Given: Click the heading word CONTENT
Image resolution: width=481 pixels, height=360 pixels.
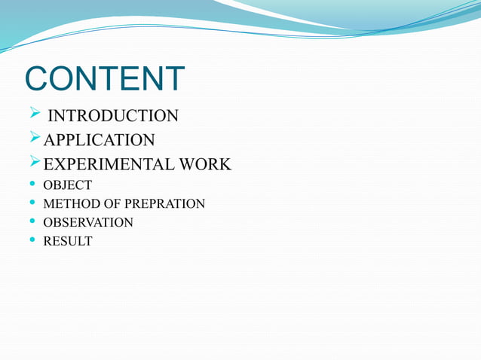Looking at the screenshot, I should (105, 80).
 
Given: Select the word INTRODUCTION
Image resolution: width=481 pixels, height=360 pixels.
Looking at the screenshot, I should (113, 116).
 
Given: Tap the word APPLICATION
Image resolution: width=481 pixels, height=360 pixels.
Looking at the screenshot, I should (100, 140).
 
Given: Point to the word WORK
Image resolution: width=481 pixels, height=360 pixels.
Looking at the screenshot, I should (205, 164).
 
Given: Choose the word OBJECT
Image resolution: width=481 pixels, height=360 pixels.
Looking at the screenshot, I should (68, 185).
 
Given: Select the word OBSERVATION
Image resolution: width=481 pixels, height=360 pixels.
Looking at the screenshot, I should (88, 223).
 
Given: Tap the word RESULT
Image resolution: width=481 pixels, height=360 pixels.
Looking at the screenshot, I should (68, 242).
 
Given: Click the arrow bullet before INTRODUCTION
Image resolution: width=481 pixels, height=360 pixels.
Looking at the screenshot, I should (35, 114).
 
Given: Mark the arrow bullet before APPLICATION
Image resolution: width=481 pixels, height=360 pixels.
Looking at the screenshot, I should (35, 139).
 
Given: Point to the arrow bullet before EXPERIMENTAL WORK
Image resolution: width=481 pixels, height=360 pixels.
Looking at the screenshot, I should (35, 163).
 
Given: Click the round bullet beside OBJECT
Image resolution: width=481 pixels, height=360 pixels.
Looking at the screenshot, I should (31, 185).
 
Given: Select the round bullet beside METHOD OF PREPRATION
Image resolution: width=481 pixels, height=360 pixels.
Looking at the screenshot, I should (31, 203).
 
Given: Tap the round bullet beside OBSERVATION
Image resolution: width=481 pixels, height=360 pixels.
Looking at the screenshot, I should (31, 222).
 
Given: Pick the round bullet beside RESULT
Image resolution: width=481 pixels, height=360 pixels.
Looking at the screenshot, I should (31, 241).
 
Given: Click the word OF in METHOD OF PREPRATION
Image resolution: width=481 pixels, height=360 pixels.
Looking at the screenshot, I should (115, 204).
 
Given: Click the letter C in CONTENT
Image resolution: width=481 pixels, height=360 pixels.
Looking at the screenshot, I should (38, 80).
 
